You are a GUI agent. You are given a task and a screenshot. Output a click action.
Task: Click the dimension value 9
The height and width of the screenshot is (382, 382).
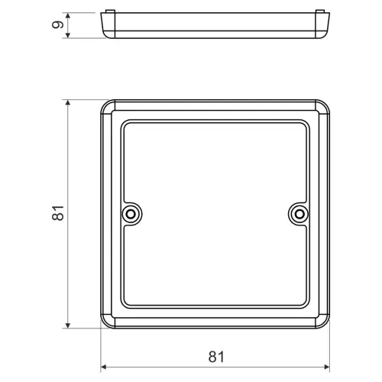coord(58,24)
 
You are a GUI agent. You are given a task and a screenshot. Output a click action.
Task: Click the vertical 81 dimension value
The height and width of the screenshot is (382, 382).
coord(58,213)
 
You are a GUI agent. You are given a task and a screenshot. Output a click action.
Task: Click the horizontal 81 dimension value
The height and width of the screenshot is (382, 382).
coord(216,357)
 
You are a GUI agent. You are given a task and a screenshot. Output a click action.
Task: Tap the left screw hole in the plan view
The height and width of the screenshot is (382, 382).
coord(131,214)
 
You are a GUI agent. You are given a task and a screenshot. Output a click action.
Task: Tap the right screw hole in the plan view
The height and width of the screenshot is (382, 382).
coord(299,214)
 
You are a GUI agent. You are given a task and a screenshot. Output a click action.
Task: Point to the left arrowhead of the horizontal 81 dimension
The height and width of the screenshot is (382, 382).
coord(103,367)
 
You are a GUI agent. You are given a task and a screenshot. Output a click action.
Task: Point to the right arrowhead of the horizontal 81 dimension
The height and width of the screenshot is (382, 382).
coord(327,367)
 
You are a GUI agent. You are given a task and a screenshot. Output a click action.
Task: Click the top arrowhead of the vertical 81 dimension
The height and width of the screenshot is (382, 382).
coord(68,102)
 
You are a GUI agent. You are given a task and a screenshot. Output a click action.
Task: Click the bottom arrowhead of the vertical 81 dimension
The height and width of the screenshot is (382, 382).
coord(68,325)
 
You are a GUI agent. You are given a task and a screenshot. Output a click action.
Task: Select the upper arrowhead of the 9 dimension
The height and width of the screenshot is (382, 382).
coord(68,16)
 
